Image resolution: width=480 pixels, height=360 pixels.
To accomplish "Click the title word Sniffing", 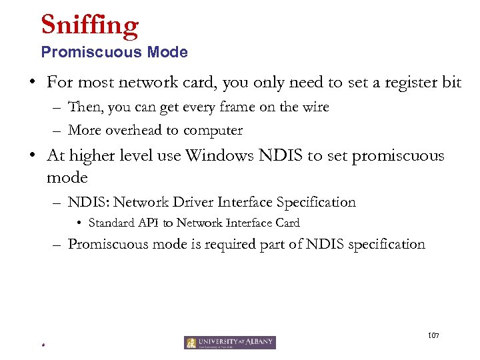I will pos(89,25).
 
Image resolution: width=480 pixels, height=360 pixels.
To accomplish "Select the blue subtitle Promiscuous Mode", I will pos(114,52).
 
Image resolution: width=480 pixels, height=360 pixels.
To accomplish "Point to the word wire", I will pos(313,107).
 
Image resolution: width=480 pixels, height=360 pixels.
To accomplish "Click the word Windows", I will pos(218,155).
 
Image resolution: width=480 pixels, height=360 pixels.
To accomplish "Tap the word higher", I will pos(93,156).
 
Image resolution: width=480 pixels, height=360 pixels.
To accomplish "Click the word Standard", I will pos(110,223).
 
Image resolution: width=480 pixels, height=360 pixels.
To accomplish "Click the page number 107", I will pos(433,334).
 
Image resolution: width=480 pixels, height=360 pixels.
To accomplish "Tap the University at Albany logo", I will pos(230,343).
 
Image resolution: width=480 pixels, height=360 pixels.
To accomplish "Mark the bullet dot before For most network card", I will pos(31,83).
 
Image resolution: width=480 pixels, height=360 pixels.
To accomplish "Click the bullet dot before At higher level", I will pos(31,156).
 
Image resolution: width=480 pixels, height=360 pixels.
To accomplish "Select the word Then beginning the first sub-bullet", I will pos(83,107).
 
